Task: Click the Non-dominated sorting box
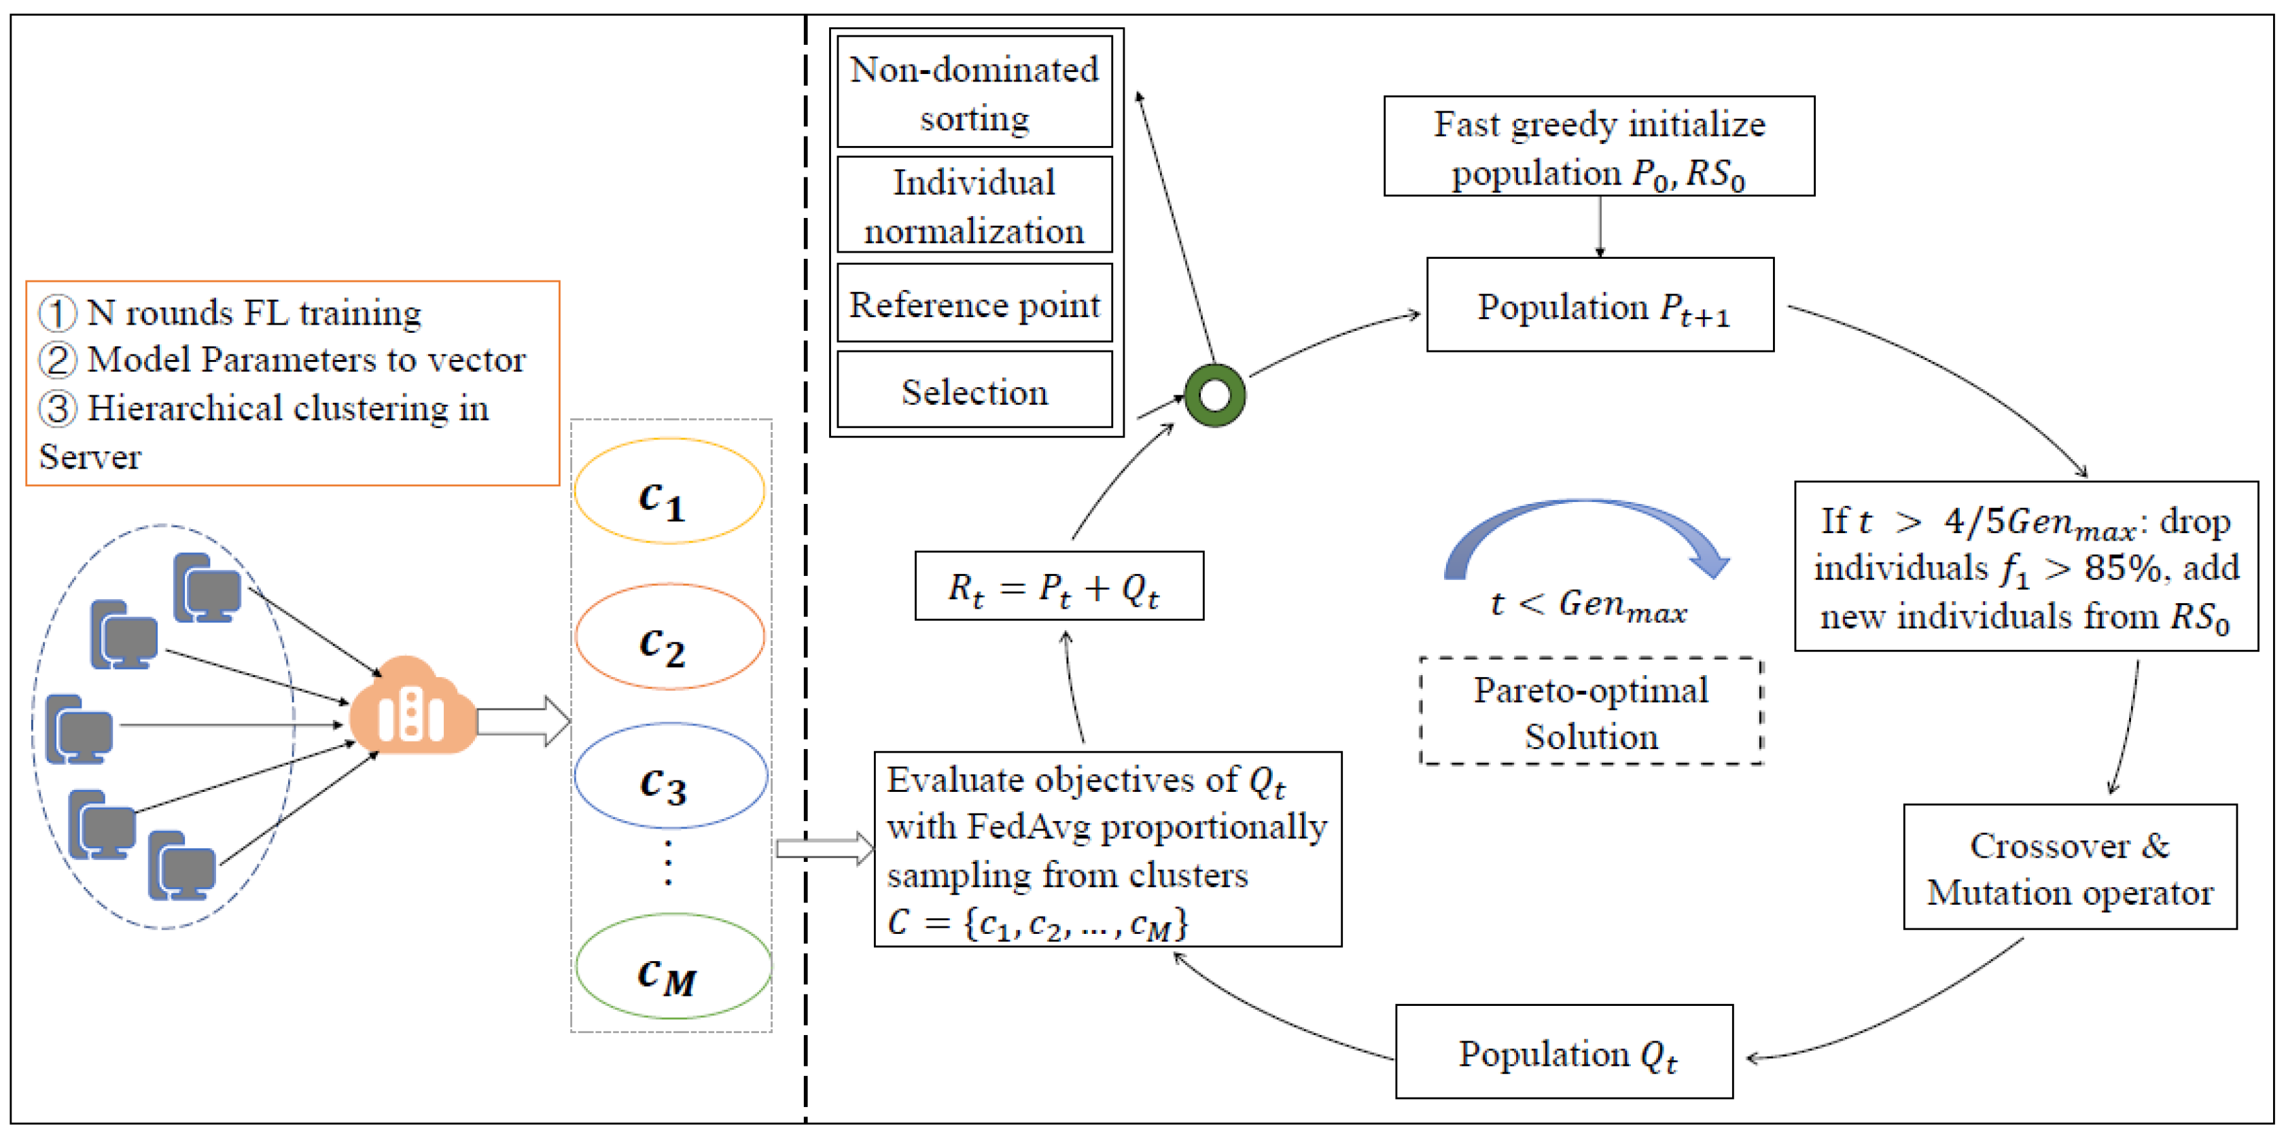pyautogui.click(x=974, y=92)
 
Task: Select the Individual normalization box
pyautogui.click(x=974, y=205)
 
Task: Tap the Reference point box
pyautogui.click(x=974, y=304)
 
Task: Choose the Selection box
pyautogui.click(x=974, y=391)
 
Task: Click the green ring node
pyautogui.click(x=1214, y=396)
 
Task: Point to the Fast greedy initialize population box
pyautogui.click(x=1598, y=147)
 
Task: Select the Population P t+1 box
pyautogui.click(x=1599, y=305)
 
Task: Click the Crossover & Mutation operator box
pyautogui.click(x=2069, y=867)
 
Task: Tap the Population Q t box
pyautogui.click(x=1564, y=1052)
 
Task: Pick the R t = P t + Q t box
pyautogui.click(x=1058, y=586)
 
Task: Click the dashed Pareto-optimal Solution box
pyautogui.click(x=1590, y=711)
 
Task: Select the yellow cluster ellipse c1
pyautogui.click(x=669, y=490)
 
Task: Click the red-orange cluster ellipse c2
pyautogui.click(x=669, y=636)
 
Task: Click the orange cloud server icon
pyautogui.click(x=412, y=707)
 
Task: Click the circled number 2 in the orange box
pyautogui.click(x=58, y=360)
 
